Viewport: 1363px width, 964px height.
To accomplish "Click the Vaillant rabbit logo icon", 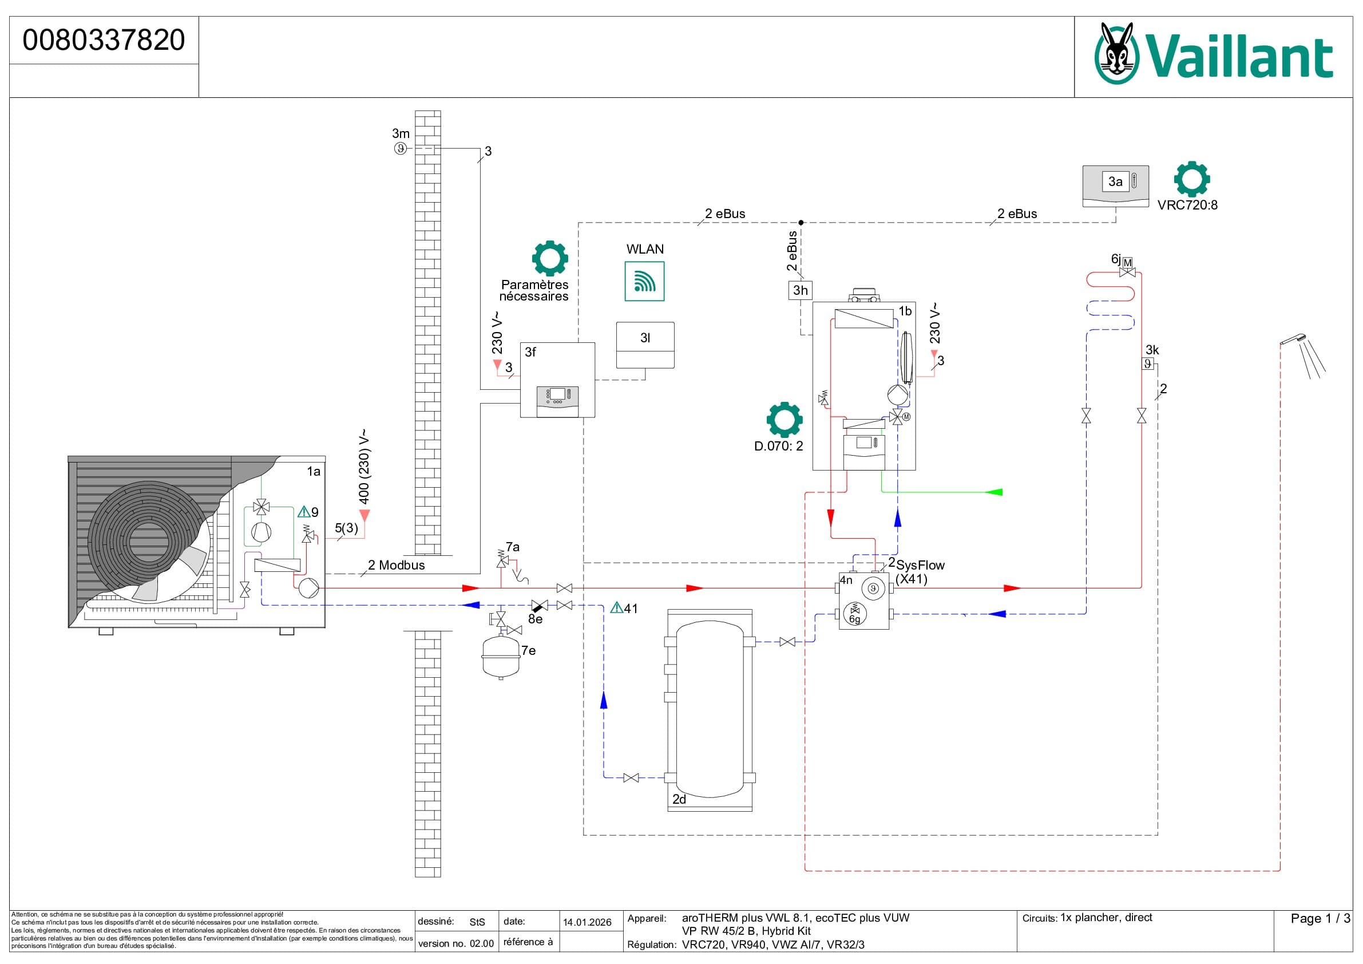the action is point(1116,53).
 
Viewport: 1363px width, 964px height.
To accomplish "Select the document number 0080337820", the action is point(104,40).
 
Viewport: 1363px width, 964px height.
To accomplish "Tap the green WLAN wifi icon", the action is point(644,281).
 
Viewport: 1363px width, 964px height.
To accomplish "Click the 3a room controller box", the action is point(1115,186).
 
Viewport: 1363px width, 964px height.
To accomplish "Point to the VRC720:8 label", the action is point(1187,205).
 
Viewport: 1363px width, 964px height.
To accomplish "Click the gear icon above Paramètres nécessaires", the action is point(550,258).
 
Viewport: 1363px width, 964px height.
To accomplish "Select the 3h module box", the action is point(800,290).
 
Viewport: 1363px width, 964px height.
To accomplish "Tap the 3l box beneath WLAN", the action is point(645,345).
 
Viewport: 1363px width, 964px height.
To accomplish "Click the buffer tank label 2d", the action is point(679,800).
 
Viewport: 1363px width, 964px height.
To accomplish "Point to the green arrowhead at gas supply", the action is point(994,492).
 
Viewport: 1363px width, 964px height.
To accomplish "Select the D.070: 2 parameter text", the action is point(778,446).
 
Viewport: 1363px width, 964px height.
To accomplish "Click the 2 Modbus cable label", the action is point(396,566).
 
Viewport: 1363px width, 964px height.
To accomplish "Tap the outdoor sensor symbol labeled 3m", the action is point(401,148).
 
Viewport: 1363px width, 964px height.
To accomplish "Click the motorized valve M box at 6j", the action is point(1127,263).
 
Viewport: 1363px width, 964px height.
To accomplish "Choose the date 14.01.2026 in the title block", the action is point(587,922).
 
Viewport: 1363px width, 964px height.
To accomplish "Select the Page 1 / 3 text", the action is point(1320,919).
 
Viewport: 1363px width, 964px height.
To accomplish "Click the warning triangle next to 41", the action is point(616,607).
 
